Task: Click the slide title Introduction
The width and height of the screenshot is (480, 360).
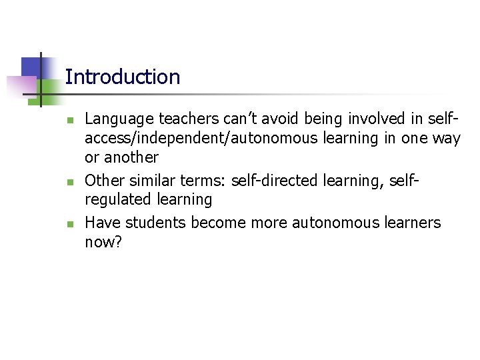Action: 123,77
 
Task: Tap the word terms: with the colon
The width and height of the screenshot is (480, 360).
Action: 203,180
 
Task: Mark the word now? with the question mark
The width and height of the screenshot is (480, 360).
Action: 103,242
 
